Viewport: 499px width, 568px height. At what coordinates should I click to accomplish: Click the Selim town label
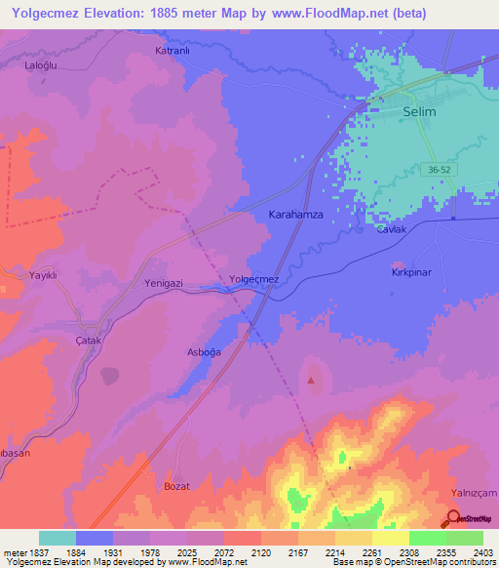(x=419, y=112)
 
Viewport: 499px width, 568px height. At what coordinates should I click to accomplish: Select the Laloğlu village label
(x=42, y=66)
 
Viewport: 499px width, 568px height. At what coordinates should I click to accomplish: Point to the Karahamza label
(x=295, y=212)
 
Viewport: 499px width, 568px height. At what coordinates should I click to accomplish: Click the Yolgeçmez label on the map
(x=253, y=280)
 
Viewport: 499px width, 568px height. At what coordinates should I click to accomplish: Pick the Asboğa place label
(x=204, y=351)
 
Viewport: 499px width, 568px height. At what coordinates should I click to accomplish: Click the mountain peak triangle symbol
(x=311, y=381)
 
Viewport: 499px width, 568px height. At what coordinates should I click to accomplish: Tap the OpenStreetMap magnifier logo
(x=454, y=518)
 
